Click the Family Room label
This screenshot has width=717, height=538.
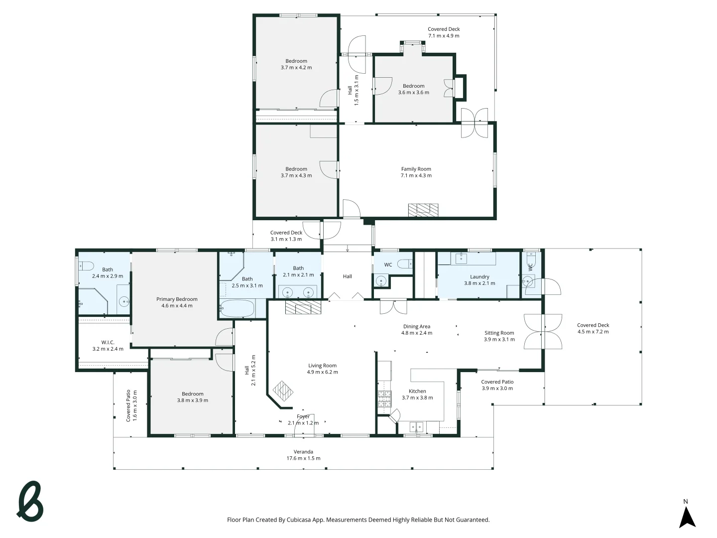[416, 169]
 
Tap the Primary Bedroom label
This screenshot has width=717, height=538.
[177, 299]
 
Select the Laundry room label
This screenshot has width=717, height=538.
[479, 277]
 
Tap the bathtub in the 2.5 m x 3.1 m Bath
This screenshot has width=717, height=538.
[237, 308]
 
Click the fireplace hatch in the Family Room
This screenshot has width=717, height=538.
[423, 210]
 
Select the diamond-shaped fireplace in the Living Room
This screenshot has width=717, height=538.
[283, 391]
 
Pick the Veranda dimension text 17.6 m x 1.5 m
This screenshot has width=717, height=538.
[303, 458]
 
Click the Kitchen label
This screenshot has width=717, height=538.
[417, 391]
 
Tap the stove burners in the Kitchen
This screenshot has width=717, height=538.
[384, 399]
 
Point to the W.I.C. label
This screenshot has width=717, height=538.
[108, 342]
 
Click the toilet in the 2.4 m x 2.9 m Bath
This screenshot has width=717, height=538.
[86, 266]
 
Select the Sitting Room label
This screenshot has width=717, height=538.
[499, 333]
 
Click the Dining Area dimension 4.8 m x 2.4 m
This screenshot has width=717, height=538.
[416, 333]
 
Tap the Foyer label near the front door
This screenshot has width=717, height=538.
[303, 416]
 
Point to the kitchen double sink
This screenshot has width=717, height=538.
[416, 427]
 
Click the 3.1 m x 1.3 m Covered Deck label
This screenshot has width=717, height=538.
[286, 239]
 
